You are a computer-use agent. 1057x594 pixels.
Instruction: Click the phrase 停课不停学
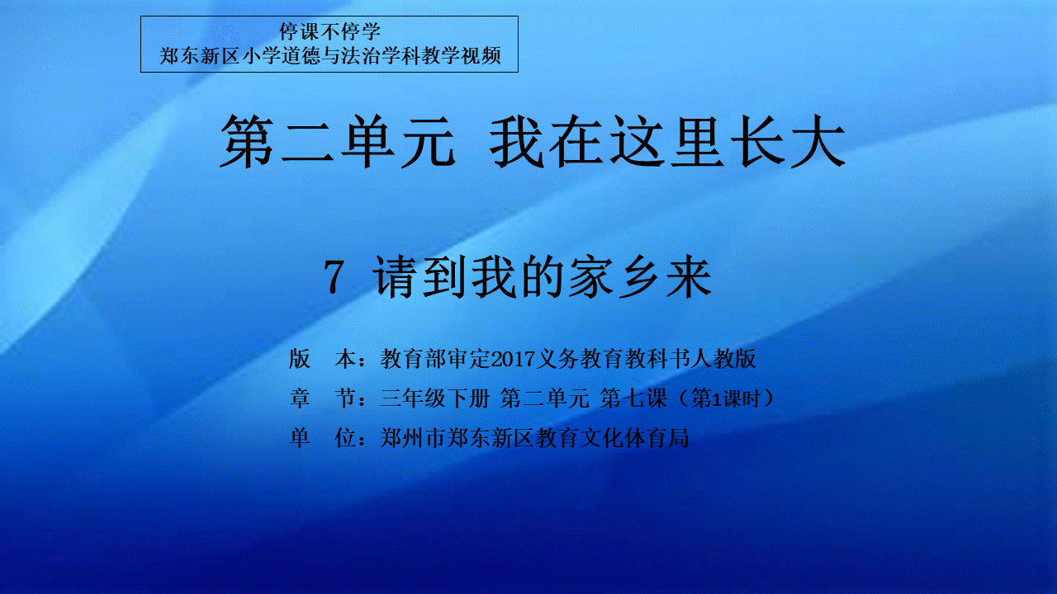(x=329, y=32)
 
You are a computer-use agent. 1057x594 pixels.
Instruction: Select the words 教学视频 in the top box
(x=461, y=56)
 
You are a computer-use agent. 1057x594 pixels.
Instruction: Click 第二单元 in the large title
(x=338, y=141)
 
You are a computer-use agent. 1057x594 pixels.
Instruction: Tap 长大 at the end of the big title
(x=787, y=141)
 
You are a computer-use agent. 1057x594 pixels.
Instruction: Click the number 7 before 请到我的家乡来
(x=334, y=278)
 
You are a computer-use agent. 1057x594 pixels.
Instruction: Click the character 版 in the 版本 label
(x=300, y=359)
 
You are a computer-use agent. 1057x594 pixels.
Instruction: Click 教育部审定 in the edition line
(x=435, y=359)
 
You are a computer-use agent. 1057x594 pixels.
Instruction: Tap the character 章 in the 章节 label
(x=300, y=398)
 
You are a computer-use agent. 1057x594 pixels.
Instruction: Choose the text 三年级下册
(x=435, y=398)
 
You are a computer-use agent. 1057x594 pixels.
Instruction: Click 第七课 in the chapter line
(x=633, y=398)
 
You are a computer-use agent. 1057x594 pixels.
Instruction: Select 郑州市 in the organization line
(x=414, y=438)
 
